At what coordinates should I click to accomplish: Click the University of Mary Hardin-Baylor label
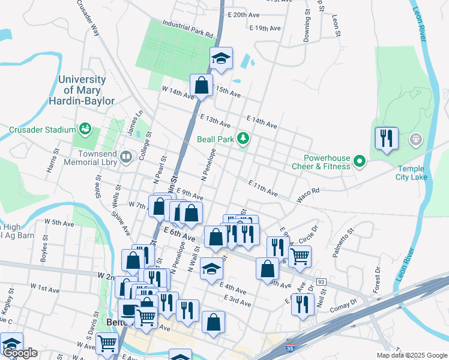86,90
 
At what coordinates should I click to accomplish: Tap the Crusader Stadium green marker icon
86,129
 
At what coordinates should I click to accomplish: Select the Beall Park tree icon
243,139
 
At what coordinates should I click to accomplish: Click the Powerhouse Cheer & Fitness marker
360,161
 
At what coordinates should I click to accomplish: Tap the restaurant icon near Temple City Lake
387,139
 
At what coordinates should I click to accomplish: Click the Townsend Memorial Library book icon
126,158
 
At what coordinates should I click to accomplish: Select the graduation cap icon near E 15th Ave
221,58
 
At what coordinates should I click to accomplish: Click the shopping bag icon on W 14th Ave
202,85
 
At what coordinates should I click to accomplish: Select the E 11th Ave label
263,188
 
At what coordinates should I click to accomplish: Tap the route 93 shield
321,281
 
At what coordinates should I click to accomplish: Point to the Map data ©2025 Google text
412,355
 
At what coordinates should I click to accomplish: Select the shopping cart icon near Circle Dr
300,256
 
